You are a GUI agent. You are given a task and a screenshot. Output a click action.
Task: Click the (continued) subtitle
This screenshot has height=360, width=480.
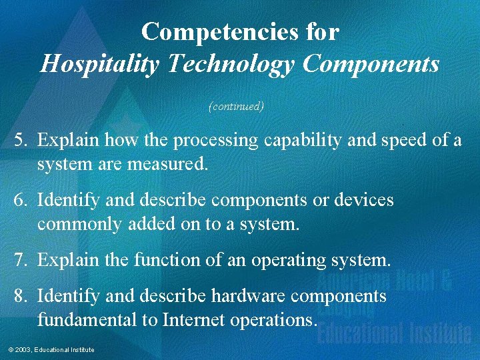[x=237, y=106]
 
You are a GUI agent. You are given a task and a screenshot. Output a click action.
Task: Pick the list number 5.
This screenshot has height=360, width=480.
[x=22, y=140]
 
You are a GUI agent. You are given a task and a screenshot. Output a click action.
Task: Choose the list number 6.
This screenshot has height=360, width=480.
[x=22, y=200]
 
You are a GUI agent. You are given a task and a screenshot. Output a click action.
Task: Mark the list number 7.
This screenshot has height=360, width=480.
[x=22, y=260]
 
